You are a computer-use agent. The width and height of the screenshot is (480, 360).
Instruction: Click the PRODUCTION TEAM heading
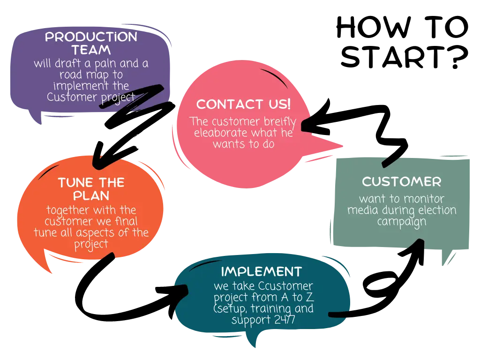tap(91, 43)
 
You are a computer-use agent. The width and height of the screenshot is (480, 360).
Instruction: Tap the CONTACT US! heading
tap(243, 104)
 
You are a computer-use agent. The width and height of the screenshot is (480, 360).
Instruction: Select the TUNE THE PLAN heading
tap(91, 189)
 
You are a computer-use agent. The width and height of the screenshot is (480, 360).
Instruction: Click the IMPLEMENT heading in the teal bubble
tap(262, 271)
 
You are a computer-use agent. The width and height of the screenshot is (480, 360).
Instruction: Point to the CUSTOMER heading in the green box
tap(402, 181)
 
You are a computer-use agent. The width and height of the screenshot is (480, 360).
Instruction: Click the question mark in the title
tap(456, 57)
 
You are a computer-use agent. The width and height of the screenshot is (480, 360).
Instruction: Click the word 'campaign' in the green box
tap(402, 222)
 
